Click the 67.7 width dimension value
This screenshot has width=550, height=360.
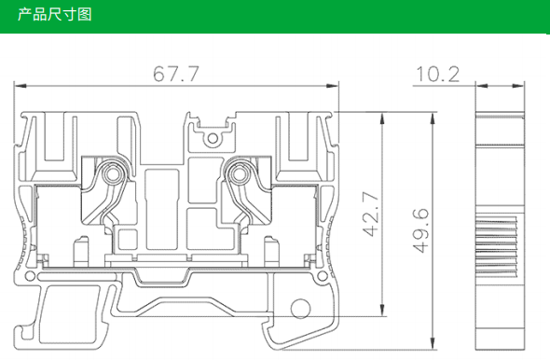point(176,74)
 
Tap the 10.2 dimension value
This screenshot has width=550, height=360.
point(438,75)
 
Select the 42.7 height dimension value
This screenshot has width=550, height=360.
point(371,214)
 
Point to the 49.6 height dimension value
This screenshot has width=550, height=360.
point(420,230)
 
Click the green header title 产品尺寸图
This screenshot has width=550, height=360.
point(55,14)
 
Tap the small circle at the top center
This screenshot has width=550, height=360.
point(213,138)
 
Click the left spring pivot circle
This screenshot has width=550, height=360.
point(113,173)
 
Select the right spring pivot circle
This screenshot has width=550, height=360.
point(239,173)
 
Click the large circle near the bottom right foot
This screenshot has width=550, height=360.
point(300,309)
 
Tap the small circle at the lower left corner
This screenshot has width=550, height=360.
point(30,276)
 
